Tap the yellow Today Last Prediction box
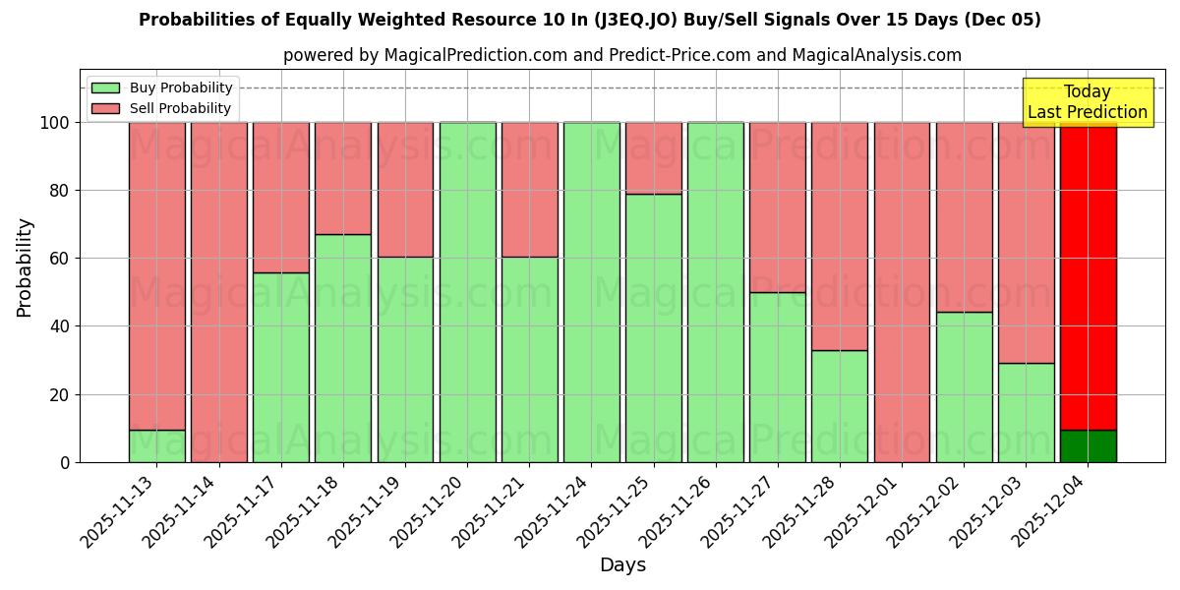(1087, 102)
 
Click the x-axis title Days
(622, 565)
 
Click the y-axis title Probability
(25, 267)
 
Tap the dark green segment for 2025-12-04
(1088, 446)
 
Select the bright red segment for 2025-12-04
(1088, 275)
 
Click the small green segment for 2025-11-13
(157, 446)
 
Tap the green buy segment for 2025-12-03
(1026, 413)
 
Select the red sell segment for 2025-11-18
(343, 178)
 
